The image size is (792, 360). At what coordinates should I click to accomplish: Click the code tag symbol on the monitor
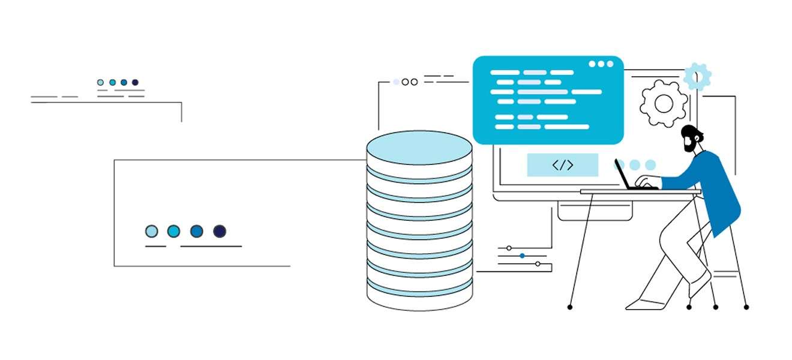point(562,165)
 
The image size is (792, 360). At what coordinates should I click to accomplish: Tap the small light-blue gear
point(697,76)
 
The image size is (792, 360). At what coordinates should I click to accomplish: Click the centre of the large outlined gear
point(664,104)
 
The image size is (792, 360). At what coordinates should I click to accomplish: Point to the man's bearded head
point(691,138)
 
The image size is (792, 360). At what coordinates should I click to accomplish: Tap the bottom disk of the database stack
point(419,299)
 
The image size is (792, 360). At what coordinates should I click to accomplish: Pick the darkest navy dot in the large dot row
point(220,231)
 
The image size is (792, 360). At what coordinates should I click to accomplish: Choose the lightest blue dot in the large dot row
point(152,231)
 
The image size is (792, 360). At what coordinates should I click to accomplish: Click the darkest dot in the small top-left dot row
point(135,82)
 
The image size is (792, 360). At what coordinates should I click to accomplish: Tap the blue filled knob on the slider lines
point(522,256)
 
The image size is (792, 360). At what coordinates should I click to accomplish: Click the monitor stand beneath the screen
point(595,210)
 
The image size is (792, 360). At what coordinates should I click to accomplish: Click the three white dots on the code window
point(601,64)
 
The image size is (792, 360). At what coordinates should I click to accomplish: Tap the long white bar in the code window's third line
point(586,92)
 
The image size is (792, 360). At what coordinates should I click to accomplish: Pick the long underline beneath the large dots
point(211,246)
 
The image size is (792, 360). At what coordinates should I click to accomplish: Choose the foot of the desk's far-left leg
point(570,307)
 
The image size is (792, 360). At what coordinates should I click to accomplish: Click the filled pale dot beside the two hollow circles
point(396,82)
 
